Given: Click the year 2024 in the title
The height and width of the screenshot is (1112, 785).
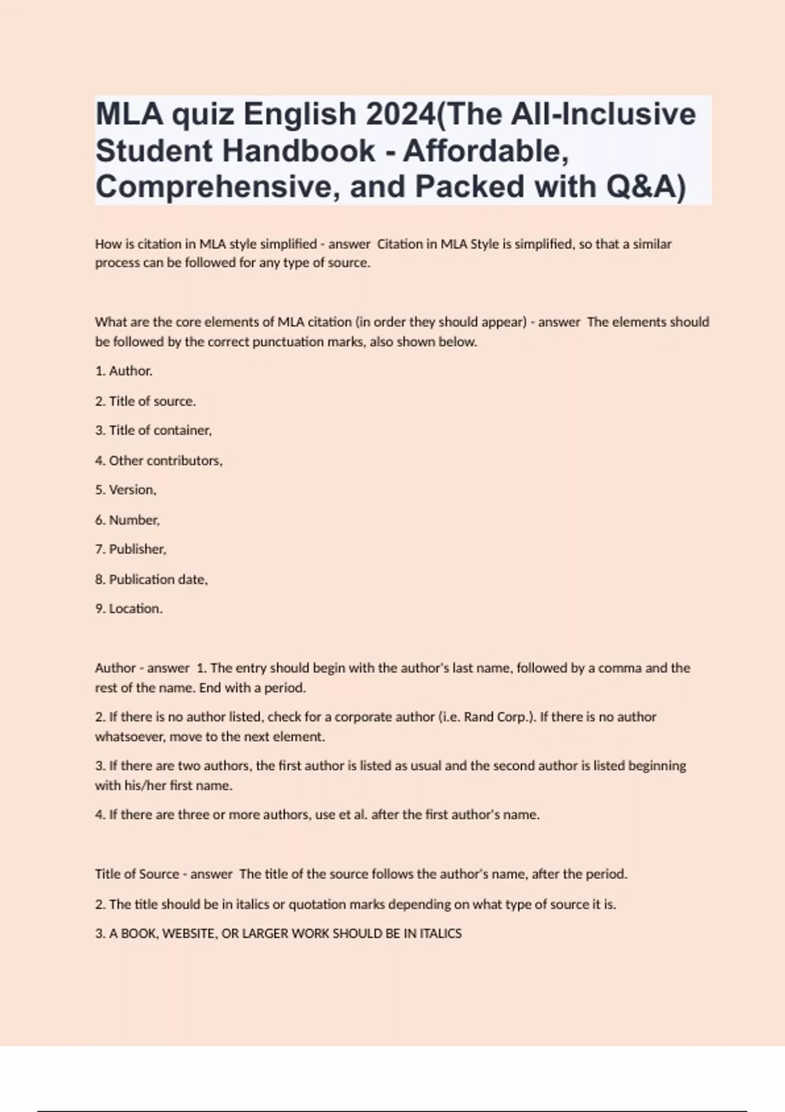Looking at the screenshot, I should (399, 114).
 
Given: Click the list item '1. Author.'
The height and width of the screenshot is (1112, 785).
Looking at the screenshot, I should (124, 371).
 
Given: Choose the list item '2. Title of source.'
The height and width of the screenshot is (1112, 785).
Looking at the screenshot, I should (145, 401).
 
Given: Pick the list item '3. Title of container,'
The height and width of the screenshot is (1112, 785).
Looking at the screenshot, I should (153, 430).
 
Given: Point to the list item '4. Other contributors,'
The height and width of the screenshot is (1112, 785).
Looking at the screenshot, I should (158, 460).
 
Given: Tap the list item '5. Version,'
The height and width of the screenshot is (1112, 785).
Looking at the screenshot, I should (126, 490).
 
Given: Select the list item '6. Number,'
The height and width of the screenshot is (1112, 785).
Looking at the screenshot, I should (128, 520).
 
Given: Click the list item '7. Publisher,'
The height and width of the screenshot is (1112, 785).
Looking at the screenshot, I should (131, 549).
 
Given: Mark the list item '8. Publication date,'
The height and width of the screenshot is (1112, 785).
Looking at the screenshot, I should (151, 580).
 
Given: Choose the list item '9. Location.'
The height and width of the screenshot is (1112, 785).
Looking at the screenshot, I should (129, 609).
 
